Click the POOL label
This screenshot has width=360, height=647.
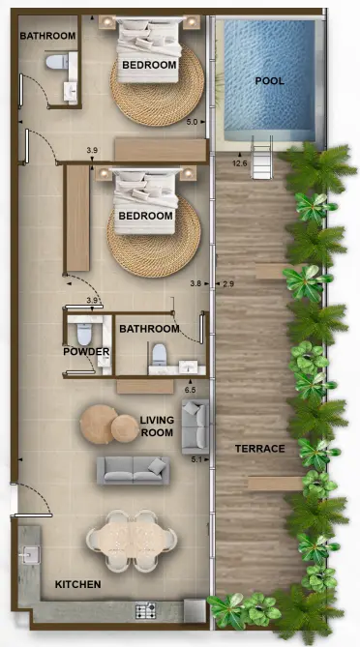tap(269, 81)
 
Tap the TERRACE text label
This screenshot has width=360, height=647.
tap(260, 449)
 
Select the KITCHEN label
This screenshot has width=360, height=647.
tap(77, 585)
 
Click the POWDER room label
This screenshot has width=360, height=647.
tap(86, 352)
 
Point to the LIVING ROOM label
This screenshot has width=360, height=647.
tap(156, 426)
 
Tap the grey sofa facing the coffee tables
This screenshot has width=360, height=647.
tap(133, 470)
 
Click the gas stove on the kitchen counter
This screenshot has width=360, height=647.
tap(146, 610)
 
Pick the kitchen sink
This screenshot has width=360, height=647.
tap(29, 554)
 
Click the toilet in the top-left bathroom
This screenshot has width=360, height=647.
tap(57, 62)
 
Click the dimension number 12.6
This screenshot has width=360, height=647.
tap(241, 163)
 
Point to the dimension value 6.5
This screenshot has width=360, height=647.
tap(191, 389)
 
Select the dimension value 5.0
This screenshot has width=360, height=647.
tap(192, 122)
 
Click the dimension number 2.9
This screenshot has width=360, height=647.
tap(228, 283)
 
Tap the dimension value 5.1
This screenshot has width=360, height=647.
tap(197, 459)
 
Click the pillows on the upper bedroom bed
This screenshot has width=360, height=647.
tap(150, 39)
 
